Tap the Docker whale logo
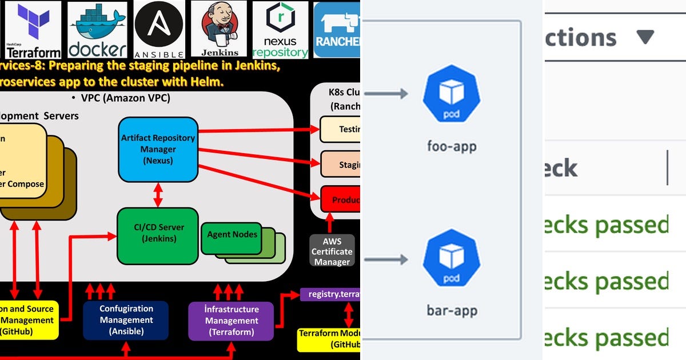98,30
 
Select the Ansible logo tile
159,30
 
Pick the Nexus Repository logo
280,30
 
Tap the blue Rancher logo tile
337,30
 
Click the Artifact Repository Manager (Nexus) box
158,149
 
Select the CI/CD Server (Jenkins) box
158,234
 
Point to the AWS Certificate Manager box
332,251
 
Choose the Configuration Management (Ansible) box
126,321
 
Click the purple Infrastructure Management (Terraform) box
232,321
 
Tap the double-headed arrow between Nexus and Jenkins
158,195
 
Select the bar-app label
452,311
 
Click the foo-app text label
452,146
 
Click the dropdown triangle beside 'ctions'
645,38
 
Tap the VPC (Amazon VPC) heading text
125,98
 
